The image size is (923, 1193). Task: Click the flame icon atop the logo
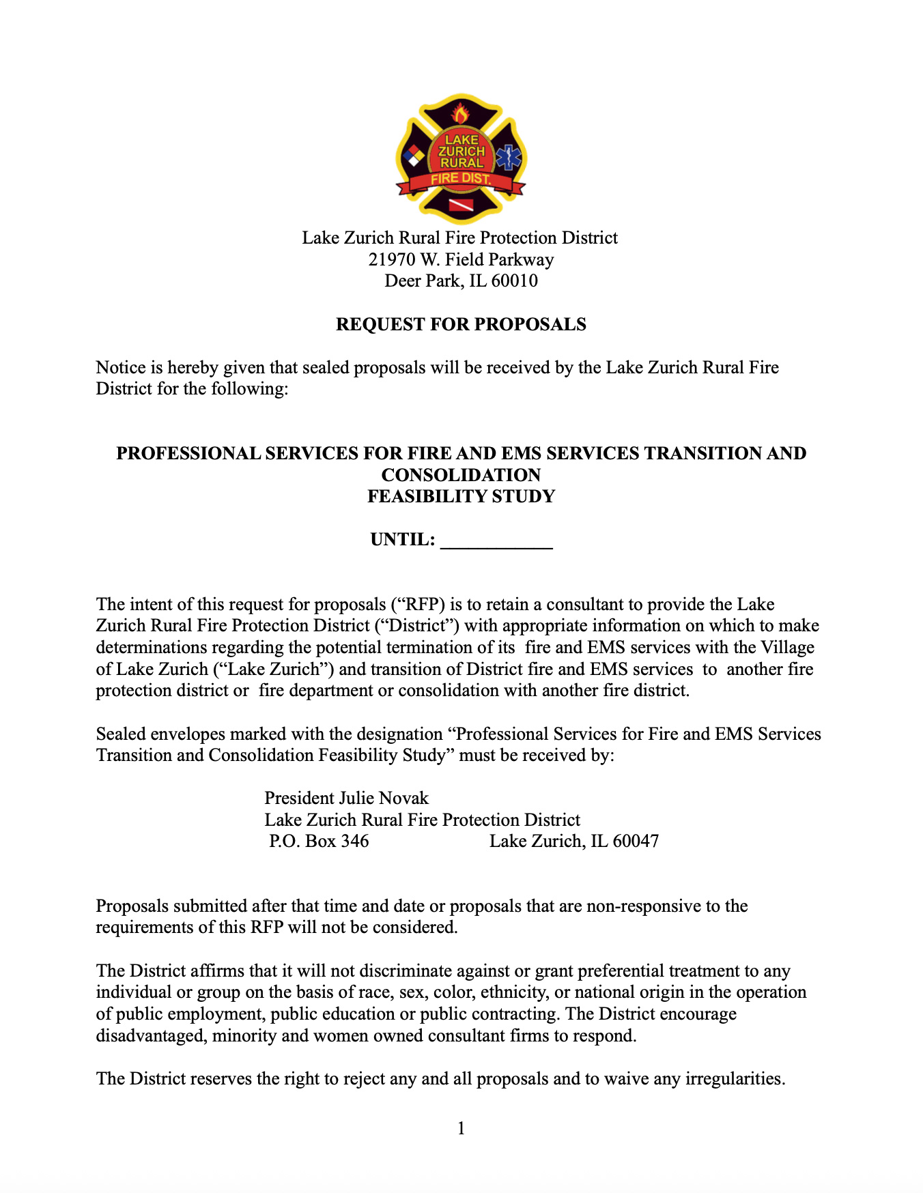coord(461,113)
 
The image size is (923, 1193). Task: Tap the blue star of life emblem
coord(509,158)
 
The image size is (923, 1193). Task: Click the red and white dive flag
coord(461,205)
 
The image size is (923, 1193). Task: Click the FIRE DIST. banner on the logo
coord(461,179)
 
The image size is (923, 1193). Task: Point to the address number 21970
coord(392,260)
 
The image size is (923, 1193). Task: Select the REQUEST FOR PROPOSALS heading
coord(461,324)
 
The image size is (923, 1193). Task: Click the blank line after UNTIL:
coord(496,541)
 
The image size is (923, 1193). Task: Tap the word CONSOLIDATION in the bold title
coord(461,475)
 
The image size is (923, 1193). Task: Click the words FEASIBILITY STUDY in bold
coord(461,497)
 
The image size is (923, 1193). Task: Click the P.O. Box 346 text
coord(319,842)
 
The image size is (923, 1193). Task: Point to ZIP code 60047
coord(636,842)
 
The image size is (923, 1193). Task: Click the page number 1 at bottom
coord(461,1129)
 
